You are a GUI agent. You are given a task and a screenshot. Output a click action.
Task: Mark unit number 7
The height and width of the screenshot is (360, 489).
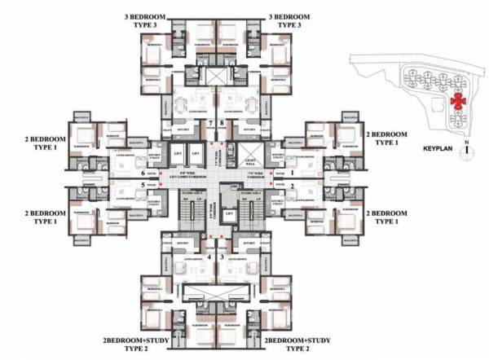[210, 123]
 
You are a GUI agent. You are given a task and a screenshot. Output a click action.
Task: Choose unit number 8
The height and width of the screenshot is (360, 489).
[222, 123]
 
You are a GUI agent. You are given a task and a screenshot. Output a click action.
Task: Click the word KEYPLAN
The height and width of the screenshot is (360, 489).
[439, 151]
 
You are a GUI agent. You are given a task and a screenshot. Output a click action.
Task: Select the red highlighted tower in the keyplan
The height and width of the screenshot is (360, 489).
[458, 100]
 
